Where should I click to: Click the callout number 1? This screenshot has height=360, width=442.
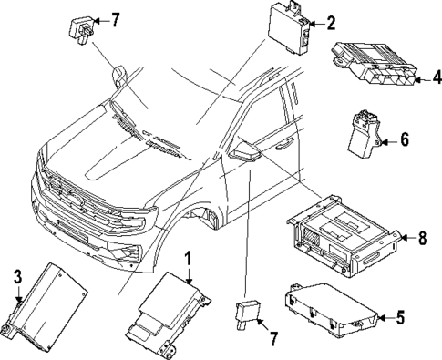coord(190,259)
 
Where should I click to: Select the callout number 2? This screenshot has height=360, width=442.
coord(330,23)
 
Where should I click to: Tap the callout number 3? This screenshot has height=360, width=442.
coord(17,276)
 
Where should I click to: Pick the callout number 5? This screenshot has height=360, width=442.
coord(398,317)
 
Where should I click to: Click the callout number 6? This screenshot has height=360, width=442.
coord(405,139)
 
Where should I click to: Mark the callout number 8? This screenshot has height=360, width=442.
coord(422,239)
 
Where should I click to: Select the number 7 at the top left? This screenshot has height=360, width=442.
coord(114,19)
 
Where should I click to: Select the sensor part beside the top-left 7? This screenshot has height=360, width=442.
coord(80,26)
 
